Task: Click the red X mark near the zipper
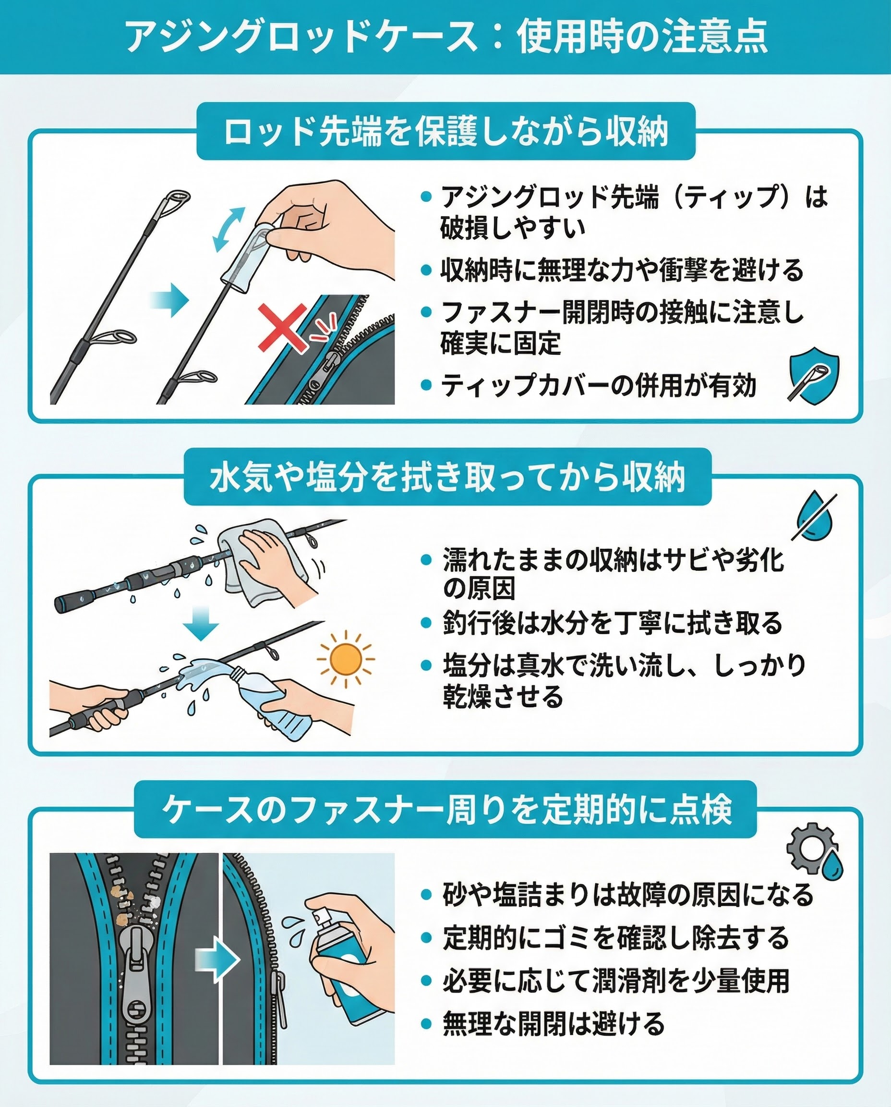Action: click(x=282, y=327)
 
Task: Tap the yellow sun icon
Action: click(x=346, y=659)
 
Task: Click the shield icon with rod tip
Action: click(x=814, y=376)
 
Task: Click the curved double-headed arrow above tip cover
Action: click(x=229, y=230)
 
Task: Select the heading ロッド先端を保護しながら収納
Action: click(x=445, y=132)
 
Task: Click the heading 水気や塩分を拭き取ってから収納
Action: click(x=447, y=477)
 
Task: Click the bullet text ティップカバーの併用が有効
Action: click(x=599, y=385)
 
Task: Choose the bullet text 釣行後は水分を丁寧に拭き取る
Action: click(x=612, y=623)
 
